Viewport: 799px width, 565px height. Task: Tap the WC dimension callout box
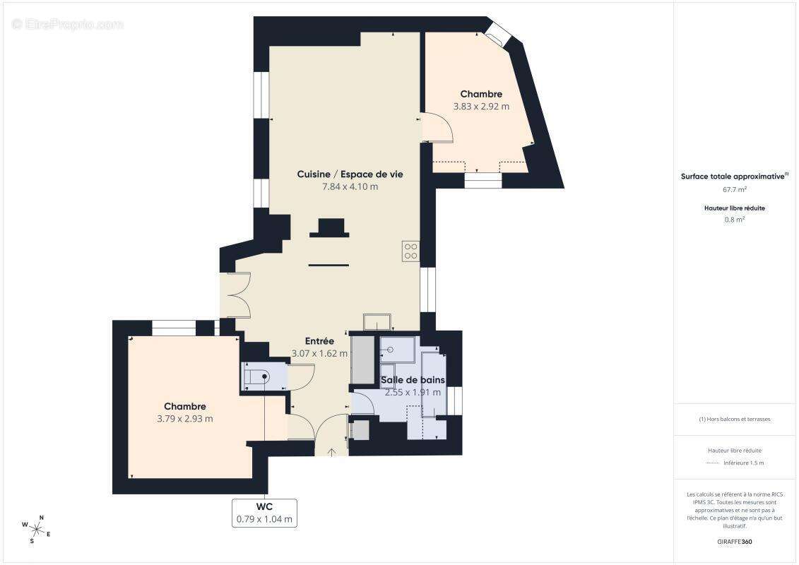(264, 513)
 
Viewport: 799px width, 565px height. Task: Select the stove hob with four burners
(410, 251)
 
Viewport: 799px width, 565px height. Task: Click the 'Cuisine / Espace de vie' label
(350, 174)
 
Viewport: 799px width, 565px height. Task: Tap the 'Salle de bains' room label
(413, 380)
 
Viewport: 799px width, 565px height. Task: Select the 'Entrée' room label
(319, 341)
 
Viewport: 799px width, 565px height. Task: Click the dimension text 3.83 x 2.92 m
(480, 107)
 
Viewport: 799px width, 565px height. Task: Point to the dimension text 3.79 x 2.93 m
(184, 419)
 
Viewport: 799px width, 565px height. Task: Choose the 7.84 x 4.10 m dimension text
(350, 187)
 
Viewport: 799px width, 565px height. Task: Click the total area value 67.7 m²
(735, 189)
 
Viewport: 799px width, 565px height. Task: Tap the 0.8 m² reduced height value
(735, 220)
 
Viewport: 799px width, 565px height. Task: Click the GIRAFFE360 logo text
(735, 542)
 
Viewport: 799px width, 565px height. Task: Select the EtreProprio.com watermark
(67, 25)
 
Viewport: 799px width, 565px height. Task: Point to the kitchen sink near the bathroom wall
(377, 322)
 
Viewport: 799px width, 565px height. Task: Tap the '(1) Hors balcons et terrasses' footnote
(735, 419)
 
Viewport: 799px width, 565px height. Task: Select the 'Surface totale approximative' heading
(733, 177)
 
